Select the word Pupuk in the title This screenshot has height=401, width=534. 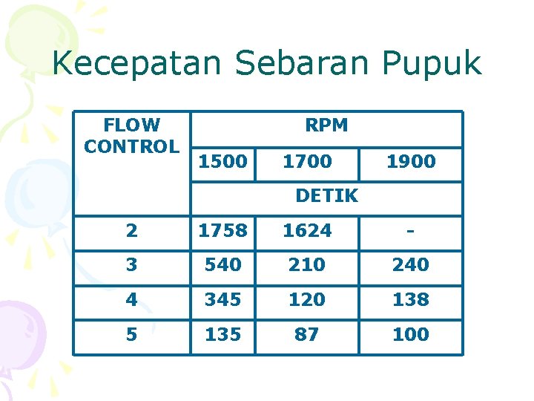point(432,65)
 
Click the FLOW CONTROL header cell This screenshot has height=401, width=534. point(131,136)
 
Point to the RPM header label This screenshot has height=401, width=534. point(326,125)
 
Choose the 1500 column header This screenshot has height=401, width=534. point(222,161)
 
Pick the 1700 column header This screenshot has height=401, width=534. point(307,161)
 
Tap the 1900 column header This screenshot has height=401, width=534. point(411,161)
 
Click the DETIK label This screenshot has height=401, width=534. point(326,196)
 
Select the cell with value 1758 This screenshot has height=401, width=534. point(222,231)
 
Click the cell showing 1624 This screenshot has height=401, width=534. point(307,231)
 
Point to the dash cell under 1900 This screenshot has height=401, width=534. point(410,231)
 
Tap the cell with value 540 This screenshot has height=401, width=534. point(222,264)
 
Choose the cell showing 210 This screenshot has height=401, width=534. point(307,264)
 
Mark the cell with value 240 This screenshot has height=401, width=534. point(411,264)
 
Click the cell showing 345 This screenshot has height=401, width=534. point(222,299)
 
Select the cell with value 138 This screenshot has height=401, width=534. point(411,299)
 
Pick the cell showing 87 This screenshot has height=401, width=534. point(307,334)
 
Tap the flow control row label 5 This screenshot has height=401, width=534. point(131,334)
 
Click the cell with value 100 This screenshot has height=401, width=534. point(411,334)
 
